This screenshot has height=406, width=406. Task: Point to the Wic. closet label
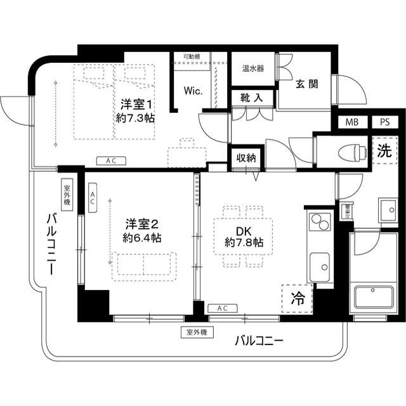click(x=193, y=91)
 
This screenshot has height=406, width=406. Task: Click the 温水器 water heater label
click(x=253, y=69)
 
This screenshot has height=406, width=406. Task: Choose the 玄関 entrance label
click(x=306, y=84)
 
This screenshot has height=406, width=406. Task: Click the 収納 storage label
click(x=246, y=157)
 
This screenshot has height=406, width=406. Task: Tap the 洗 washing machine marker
click(x=384, y=152)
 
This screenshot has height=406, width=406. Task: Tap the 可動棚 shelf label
click(x=192, y=56)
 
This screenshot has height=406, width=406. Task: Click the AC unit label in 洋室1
click(x=110, y=161)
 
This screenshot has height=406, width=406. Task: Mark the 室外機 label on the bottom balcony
click(x=197, y=332)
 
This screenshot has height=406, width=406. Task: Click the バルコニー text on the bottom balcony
click(x=259, y=341)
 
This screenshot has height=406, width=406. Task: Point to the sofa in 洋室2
click(x=143, y=265)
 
